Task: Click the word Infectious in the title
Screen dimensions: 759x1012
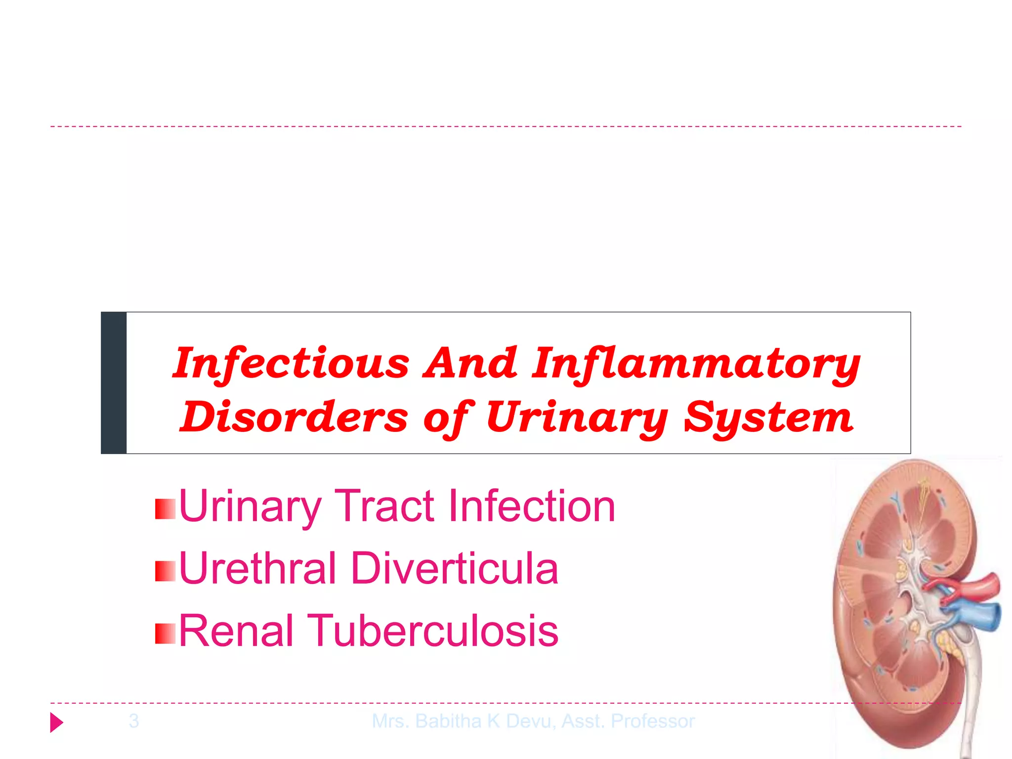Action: coord(291,363)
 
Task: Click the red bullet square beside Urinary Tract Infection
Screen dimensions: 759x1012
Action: coord(165,509)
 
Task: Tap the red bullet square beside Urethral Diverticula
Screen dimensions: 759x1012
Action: coord(165,571)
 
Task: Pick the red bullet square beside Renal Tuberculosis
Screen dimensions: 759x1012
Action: coord(165,633)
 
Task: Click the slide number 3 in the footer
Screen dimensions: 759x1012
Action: coord(134,721)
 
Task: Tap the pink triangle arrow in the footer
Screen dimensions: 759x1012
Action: coord(57,722)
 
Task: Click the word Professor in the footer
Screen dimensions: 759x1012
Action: coord(653,721)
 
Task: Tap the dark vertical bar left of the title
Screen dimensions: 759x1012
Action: coord(114,383)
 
